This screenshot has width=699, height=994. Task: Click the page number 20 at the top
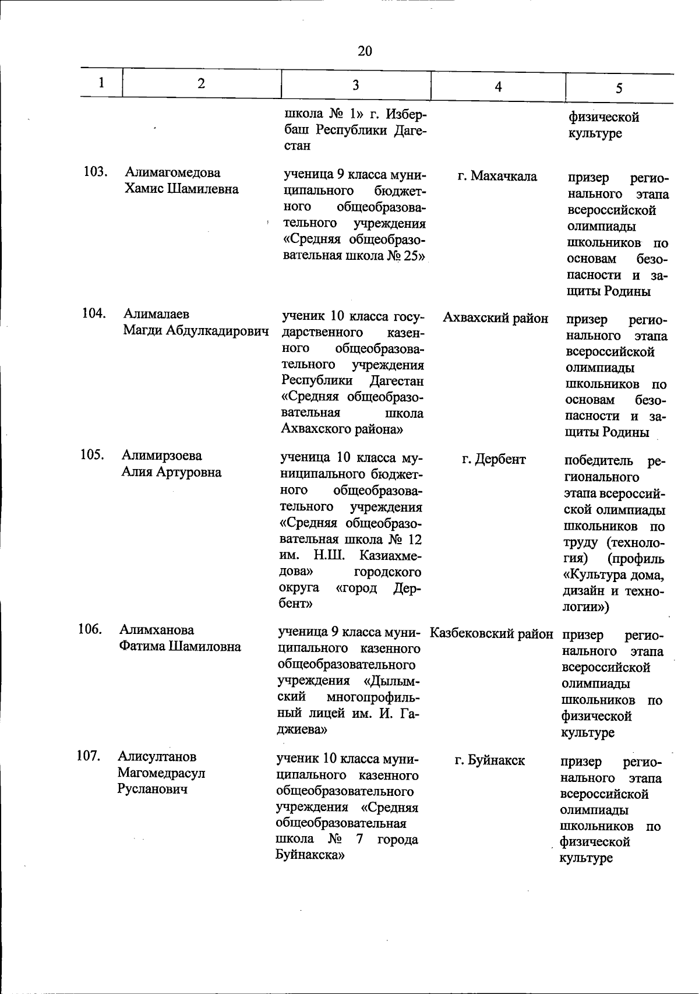(x=365, y=51)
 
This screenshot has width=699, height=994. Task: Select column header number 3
(x=355, y=85)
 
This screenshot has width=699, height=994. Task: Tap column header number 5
(x=619, y=88)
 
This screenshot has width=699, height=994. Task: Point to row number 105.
(x=92, y=454)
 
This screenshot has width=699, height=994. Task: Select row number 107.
(x=89, y=756)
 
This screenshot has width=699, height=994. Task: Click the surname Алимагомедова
(x=172, y=172)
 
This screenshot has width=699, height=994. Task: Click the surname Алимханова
(x=157, y=630)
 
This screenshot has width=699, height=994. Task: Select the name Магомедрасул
(x=161, y=773)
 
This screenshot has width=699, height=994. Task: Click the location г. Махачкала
(x=497, y=175)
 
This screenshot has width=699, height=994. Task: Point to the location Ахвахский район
(x=495, y=318)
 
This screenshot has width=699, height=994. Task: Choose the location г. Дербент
(x=493, y=459)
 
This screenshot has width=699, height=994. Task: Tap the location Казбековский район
(x=491, y=633)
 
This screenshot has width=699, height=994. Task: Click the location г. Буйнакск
(x=489, y=760)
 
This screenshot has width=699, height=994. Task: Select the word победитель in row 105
(x=598, y=461)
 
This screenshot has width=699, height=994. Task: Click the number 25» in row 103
(x=414, y=256)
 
